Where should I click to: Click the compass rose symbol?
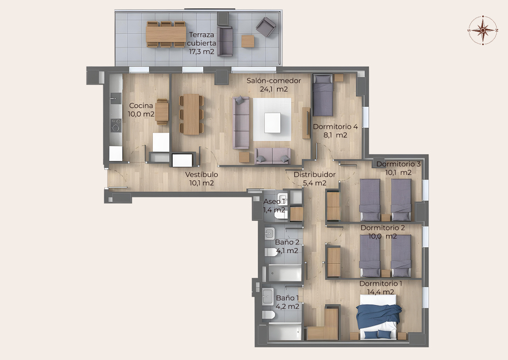(x=483, y=30)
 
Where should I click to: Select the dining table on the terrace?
(x=166, y=34)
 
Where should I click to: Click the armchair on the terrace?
(x=266, y=26)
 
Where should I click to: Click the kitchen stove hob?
(x=116, y=125)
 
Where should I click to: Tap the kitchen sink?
(x=115, y=98)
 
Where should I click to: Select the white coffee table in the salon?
(x=272, y=123)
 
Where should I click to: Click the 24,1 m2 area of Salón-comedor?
(x=274, y=89)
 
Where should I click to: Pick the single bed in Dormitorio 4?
(x=323, y=95)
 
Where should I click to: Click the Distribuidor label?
(x=315, y=174)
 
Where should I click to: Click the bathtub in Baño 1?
(x=285, y=331)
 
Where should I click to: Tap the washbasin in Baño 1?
(x=268, y=297)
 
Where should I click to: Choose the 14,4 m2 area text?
(x=381, y=292)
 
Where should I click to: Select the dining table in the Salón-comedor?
(x=191, y=114)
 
